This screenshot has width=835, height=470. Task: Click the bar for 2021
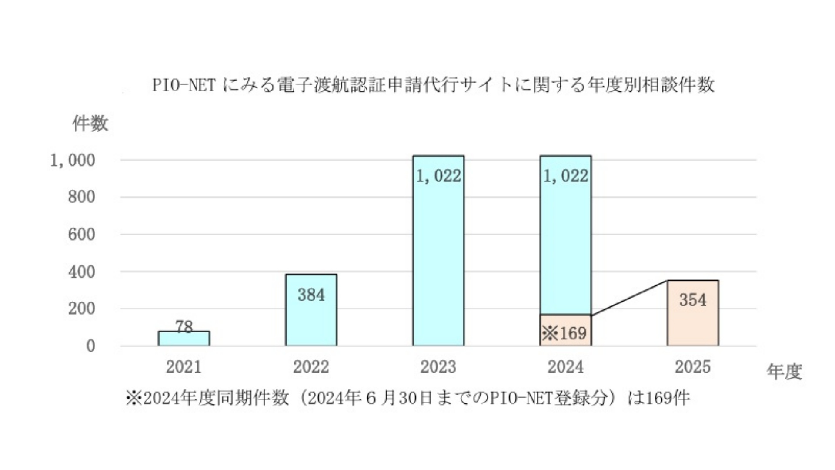tap(184, 339)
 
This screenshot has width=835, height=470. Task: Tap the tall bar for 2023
tap(438, 261)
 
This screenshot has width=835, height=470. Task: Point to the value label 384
tap(311, 295)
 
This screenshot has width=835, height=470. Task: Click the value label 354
tap(693, 300)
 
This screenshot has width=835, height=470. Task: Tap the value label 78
tap(184, 326)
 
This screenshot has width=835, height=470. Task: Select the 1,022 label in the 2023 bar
tap(438, 176)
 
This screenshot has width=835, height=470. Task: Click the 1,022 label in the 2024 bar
tap(565, 176)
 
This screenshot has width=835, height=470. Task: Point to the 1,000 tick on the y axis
tap(73, 161)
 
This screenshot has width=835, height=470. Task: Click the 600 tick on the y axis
tap(81, 235)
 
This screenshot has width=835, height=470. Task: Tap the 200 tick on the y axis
tap(81, 309)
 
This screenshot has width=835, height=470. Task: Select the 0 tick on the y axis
tap(90, 346)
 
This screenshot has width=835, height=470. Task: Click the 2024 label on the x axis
tap(565, 367)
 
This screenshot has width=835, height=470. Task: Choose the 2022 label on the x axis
tap(311, 367)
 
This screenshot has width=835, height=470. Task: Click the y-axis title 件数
tap(90, 124)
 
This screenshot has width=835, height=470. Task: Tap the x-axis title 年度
tap(784, 372)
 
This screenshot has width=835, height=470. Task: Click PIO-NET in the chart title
tap(184, 85)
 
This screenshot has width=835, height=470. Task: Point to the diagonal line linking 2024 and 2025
tap(629, 298)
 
